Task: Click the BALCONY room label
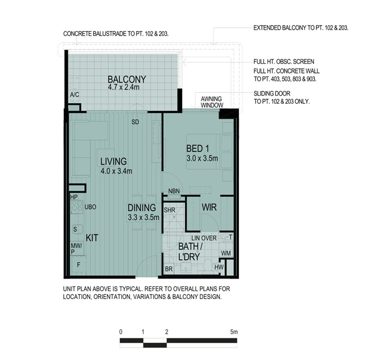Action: click(127, 79)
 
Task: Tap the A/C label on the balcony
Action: click(75, 95)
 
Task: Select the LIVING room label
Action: click(113, 161)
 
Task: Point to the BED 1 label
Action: click(197, 149)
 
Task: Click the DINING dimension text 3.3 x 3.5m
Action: click(143, 218)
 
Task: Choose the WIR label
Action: click(209, 207)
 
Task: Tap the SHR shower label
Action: click(170, 210)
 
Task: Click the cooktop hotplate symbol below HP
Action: click(77, 207)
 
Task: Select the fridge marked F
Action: click(79, 265)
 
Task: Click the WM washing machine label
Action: click(226, 253)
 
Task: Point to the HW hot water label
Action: click(219, 267)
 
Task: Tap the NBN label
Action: click(174, 191)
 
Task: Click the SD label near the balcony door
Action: click(135, 122)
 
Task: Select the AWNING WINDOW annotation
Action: click(212, 102)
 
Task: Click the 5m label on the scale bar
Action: click(234, 332)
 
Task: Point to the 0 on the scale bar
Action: click(121, 332)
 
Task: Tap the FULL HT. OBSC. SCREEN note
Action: click(284, 62)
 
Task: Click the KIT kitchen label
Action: click(92, 238)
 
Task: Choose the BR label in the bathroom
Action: click(169, 269)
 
